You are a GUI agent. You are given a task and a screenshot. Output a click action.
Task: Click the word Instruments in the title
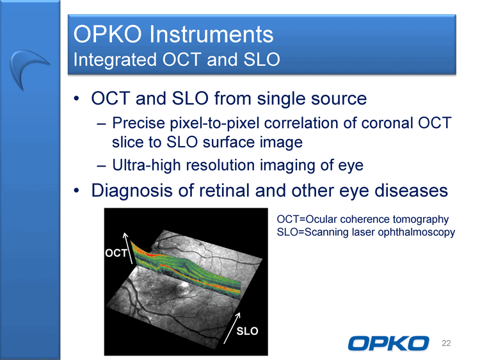pos(211,34)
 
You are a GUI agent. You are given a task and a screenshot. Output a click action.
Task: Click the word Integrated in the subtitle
pos(115,59)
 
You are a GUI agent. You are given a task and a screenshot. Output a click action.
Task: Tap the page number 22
pos(446,343)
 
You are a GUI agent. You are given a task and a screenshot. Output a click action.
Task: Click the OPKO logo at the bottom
pos(388,343)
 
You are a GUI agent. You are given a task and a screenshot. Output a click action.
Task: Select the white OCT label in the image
pos(116,253)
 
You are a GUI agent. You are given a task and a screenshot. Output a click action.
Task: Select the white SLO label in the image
pos(247,331)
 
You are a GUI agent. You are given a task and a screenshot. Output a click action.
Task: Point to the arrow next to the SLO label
pos(232,328)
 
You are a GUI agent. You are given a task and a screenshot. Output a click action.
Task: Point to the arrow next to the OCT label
pos(128,248)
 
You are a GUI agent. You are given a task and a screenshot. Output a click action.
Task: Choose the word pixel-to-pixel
pos(215,123)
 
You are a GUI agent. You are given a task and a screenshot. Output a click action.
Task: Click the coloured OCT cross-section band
pos(186,269)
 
